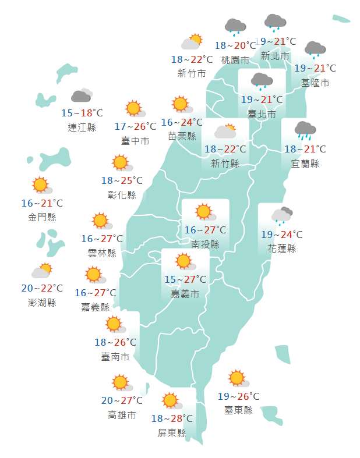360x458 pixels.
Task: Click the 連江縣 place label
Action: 82,127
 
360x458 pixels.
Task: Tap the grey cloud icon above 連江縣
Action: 82,96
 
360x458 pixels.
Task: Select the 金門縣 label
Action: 42,217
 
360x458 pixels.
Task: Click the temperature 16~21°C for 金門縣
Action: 42,203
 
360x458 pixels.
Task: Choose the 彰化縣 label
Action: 122,195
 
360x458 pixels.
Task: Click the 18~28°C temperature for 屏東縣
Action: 172,418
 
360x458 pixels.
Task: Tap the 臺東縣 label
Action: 238,410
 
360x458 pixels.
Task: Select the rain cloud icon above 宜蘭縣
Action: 305,130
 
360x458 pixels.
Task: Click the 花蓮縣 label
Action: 282,248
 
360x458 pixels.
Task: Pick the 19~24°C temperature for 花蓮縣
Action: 282,235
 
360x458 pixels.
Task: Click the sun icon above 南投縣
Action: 203,212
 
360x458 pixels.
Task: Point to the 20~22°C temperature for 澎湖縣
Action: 42,288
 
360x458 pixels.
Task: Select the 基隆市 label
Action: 315,83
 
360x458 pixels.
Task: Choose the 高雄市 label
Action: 122,415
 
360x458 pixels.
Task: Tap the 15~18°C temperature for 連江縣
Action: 82,113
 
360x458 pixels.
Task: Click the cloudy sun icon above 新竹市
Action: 192,42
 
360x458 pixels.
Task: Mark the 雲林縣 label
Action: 103,253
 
